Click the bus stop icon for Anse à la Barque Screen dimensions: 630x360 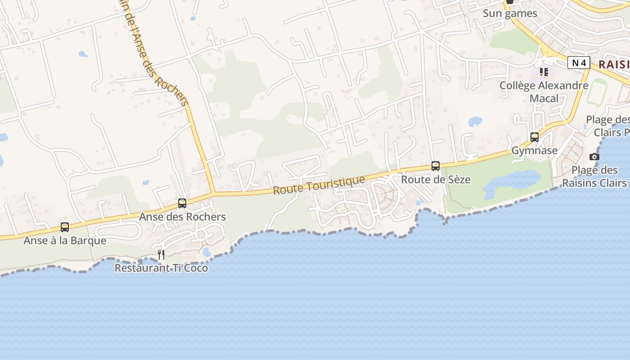pos(65,227)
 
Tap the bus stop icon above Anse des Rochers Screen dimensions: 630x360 pos(182,203)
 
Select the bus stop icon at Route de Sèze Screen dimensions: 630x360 pos(436,166)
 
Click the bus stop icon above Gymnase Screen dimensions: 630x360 pos(535,137)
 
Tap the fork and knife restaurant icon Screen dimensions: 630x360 pos(161,255)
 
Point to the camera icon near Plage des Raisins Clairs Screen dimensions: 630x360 pos(594,157)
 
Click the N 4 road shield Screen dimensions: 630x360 pos(578,63)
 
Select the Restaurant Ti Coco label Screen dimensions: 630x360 pos(161,268)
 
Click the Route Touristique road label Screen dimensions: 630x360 pos(319,185)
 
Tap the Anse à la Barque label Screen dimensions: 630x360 pos(65,241)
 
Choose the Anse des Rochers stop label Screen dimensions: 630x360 pos(182,217)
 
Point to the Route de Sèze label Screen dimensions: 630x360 pos(436,180)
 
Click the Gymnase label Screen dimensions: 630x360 pos(535,151)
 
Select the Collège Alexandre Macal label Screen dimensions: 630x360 pos(544,92)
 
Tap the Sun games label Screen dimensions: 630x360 pos(510,13)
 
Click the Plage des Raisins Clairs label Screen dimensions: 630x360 pos(594,176)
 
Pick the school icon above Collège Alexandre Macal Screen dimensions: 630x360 pos(544,72)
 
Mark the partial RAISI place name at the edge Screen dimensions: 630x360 pos(614,64)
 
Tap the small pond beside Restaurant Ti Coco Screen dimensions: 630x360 pos(207,252)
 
